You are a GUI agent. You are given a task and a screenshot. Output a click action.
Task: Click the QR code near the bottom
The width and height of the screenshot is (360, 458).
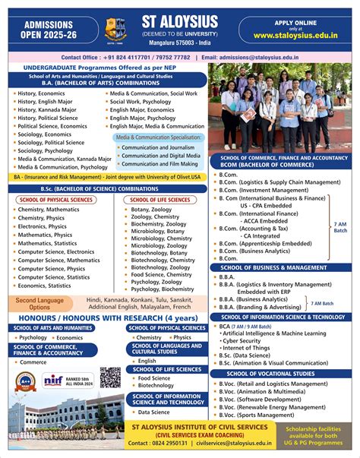click(x=110, y=377)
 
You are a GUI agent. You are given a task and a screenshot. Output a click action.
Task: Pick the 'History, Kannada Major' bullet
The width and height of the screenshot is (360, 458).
click(x=47, y=109)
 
